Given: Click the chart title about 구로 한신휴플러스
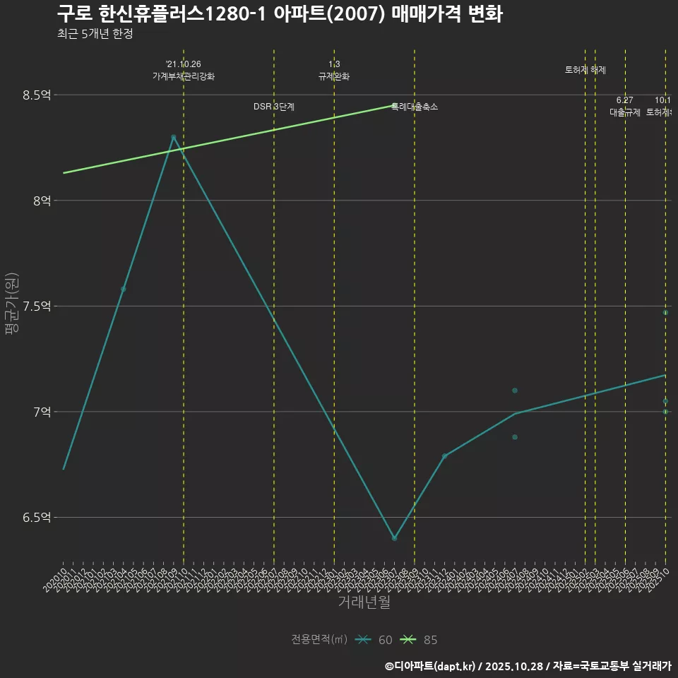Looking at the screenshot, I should [280, 14].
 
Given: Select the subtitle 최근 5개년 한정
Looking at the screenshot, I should [95, 34].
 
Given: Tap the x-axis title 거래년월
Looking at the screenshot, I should [364, 602].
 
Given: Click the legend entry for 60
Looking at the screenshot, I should [374, 640].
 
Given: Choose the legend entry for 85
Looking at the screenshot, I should [419, 640].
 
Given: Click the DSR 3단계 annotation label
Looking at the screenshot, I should [274, 107].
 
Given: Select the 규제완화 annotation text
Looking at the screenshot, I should [334, 76].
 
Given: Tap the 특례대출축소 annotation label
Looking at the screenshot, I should [415, 107].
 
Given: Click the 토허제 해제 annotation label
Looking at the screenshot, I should [585, 70].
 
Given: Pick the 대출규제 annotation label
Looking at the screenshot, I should [625, 112].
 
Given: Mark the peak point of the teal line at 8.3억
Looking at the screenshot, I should [173, 137].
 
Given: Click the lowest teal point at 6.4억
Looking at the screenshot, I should [394, 538].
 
